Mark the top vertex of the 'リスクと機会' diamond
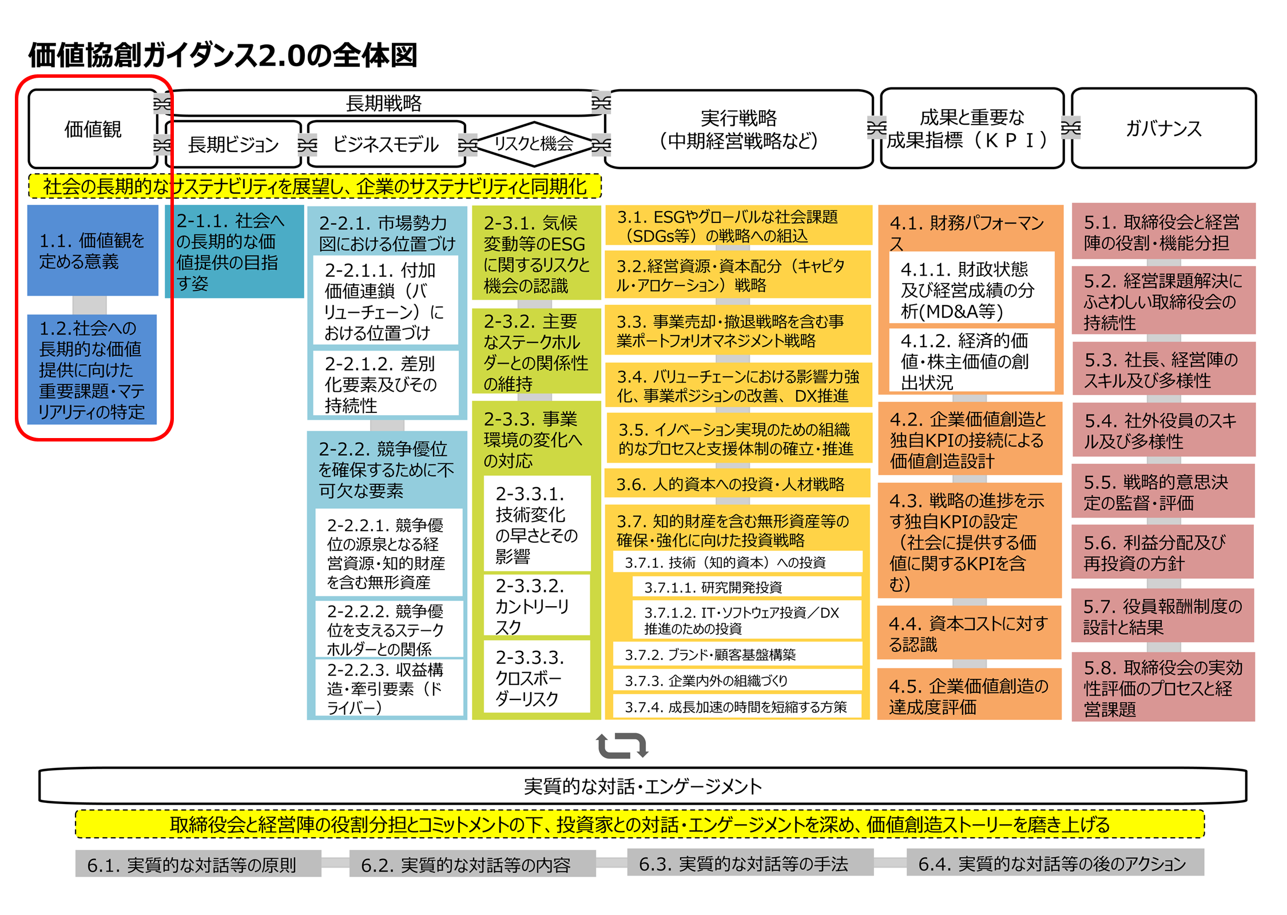[534, 122]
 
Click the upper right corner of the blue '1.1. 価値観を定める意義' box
[158, 205]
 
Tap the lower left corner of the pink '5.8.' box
[1072, 721]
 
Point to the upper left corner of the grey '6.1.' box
[76, 850]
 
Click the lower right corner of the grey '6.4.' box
[1204, 876]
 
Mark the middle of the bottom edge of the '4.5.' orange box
[969, 719]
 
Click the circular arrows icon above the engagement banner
[622, 745]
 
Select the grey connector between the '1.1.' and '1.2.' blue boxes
[89, 305]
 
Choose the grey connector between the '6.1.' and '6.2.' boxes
[335, 863]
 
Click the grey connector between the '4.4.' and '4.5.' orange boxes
[969, 663]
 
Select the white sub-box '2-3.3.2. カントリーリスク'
[537, 605]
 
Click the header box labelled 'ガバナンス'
[1163, 128]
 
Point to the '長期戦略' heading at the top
[383, 104]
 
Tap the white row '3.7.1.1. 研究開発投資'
[746, 587]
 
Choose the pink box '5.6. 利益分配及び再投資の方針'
[1162, 552]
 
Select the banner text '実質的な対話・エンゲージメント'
[643, 786]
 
